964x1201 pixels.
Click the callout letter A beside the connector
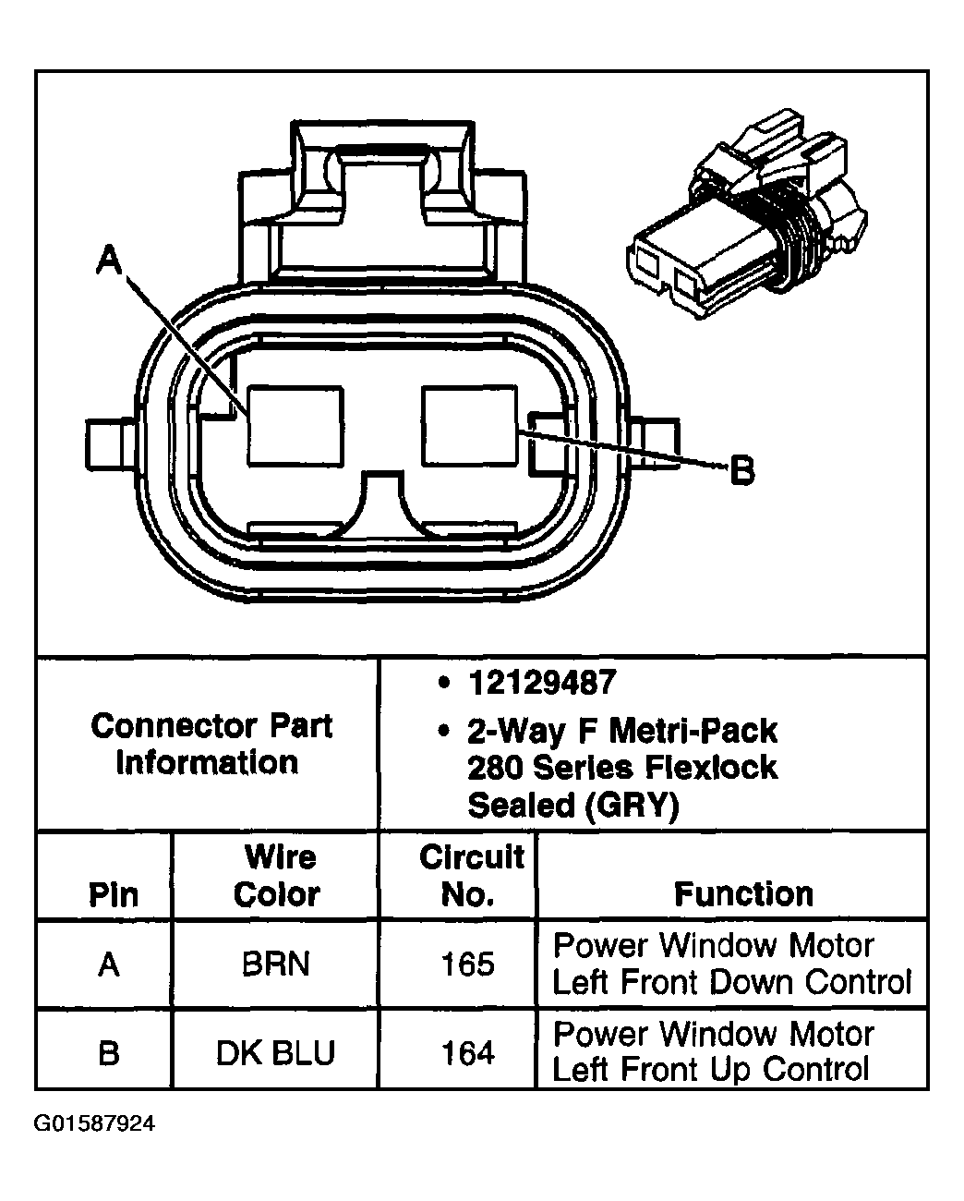109,261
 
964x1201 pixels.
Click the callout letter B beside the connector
741,471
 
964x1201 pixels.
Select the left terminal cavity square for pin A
295,425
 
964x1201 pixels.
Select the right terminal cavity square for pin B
469,425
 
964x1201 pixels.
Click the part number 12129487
541,684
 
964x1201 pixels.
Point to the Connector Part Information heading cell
211,744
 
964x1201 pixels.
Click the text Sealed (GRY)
572,806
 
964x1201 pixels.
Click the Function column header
743,894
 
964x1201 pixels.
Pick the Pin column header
113,894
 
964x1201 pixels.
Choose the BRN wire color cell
275,964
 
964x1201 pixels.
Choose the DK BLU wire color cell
275,1052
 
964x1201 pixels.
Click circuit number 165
468,964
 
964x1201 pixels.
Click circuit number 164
468,1052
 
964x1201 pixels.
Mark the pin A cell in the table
109,964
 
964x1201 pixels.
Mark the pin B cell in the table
109,1052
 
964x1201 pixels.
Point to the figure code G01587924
95,1124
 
